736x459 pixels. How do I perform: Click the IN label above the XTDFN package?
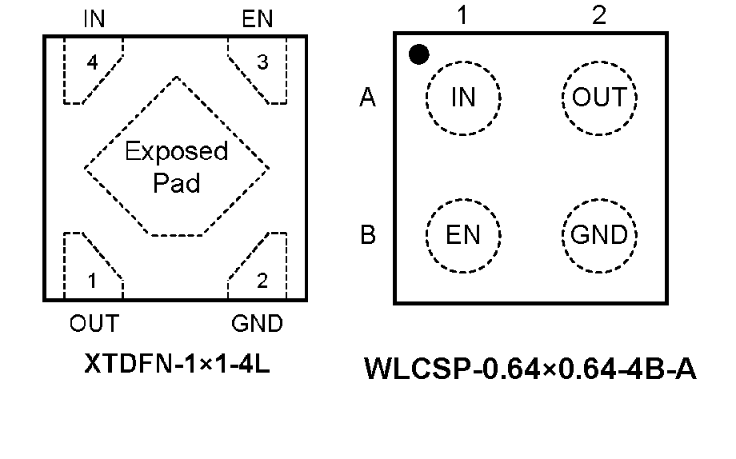tap(94, 19)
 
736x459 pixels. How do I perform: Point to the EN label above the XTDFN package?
tap(257, 19)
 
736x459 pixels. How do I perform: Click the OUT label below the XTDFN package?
tap(94, 324)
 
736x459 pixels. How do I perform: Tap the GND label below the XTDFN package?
tap(257, 324)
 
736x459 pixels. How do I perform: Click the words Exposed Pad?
tap(176, 167)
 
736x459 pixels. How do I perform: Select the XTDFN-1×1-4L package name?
tap(176, 365)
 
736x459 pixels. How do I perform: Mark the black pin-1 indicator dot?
tap(418, 54)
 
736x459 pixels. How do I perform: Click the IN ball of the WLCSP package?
tap(463, 98)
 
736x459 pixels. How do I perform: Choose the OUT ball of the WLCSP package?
tap(599, 98)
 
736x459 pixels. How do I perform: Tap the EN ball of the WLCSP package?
tap(463, 235)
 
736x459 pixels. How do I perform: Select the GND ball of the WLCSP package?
tap(599, 235)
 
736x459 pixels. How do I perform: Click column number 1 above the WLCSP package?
tap(462, 16)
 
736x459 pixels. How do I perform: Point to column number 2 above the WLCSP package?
tap(599, 16)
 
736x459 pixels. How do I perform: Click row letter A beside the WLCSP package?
tap(368, 98)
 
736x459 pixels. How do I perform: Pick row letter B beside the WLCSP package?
tap(368, 236)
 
